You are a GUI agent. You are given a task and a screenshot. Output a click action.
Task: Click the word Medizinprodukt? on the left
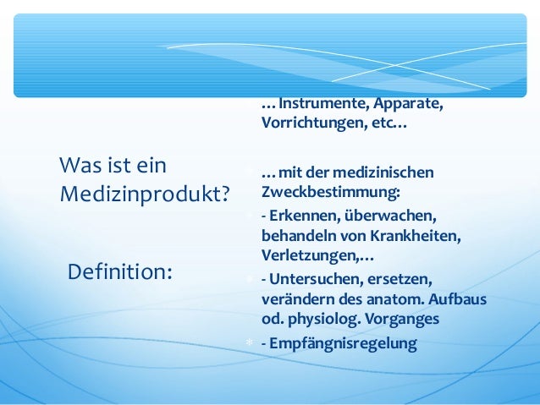click(145, 194)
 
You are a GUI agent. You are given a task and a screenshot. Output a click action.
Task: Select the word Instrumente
click(319, 105)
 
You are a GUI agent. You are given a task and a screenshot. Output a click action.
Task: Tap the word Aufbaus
click(461, 300)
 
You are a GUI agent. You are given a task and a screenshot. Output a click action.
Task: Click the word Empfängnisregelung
click(343, 343)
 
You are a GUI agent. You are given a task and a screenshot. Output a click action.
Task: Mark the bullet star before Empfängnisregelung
click(249, 343)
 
